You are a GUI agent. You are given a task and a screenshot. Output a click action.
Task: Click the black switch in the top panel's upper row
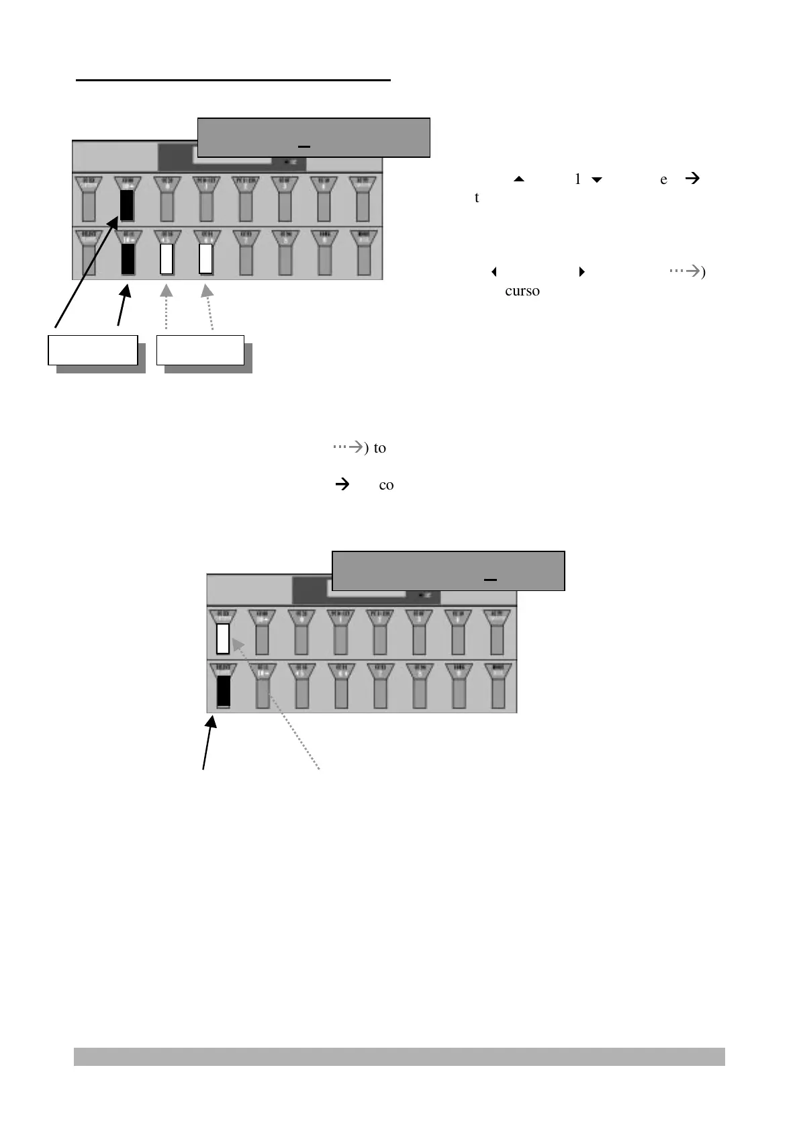[x=126, y=206]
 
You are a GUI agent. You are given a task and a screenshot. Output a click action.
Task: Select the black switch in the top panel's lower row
[x=128, y=259]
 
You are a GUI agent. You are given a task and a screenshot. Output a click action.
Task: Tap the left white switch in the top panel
[x=167, y=259]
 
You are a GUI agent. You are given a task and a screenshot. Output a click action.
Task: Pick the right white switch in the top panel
[x=206, y=259]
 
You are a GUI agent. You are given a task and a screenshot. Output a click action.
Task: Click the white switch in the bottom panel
[x=223, y=638]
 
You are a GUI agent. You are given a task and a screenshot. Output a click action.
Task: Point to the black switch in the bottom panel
[x=224, y=690]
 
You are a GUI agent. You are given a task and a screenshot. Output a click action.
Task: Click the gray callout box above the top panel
[x=314, y=137]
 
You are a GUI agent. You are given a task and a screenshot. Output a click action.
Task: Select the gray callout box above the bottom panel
[x=449, y=571]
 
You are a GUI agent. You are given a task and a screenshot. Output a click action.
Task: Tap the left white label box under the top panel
[x=93, y=350]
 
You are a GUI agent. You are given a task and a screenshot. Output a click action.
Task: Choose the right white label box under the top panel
[x=200, y=350]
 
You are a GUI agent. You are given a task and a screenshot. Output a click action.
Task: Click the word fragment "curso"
[x=522, y=291]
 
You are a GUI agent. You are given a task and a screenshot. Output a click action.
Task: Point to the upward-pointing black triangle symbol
[x=518, y=179]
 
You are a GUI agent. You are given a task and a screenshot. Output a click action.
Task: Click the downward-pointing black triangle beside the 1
[x=596, y=180]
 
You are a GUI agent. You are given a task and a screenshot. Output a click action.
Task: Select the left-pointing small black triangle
[x=494, y=272]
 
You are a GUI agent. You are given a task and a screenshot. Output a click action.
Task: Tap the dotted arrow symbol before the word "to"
[x=348, y=447]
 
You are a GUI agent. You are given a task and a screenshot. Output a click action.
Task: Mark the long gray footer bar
[x=399, y=1056]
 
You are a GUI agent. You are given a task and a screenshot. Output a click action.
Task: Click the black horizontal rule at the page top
[x=233, y=80]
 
